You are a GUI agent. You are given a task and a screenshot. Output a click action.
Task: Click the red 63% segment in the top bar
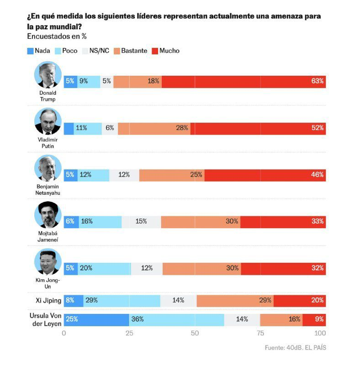pos(244,82)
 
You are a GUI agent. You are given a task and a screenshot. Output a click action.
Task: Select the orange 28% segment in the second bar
pos(154,128)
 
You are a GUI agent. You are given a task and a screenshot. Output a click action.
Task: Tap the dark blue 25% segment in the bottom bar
pos(96,319)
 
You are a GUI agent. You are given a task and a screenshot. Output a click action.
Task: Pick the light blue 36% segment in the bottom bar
pos(177,319)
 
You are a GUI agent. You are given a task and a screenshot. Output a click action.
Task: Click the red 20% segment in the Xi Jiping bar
pos(299,301)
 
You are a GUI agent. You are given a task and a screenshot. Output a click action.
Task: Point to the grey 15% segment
pos(141,222)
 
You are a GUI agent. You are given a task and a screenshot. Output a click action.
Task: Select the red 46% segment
pos(265,175)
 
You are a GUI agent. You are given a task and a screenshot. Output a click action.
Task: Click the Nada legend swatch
pos(31,51)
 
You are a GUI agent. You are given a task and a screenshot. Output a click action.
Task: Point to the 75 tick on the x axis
pos(260,333)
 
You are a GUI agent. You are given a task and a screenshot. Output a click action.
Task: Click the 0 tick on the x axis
pos(64,333)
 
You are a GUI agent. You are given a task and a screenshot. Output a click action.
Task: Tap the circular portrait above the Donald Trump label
pos(48,74)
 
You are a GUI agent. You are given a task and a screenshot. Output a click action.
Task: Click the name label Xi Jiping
pos(48,301)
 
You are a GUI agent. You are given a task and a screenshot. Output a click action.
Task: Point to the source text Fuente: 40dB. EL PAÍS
pos(295,348)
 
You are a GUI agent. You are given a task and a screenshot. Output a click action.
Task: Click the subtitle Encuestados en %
pos(57,36)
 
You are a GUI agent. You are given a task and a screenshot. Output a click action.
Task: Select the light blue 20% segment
pos(105,268)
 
